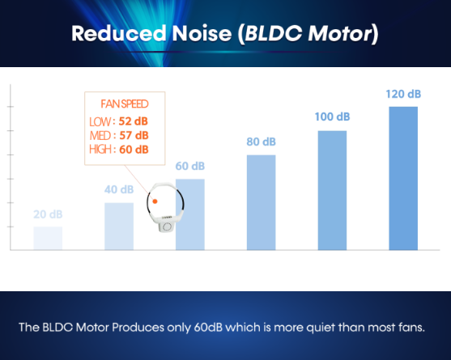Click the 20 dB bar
click(48, 238)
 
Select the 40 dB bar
click(119, 227)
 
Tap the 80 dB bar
click(262, 202)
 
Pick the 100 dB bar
click(332, 190)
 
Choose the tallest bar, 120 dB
click(403, 179)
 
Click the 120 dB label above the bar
click(403, 94)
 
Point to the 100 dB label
click(332, 116)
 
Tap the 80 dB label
click(262, 142)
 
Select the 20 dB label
click(48, 214)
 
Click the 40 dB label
click(119, 189)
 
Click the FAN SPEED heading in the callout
click(125, 104)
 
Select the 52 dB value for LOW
click(133, 121)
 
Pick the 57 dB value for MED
click(134, 135)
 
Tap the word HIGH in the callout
click(100, 150)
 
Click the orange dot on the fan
click(155, 201)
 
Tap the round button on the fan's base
click(167, 227)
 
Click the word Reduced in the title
click(119, 33)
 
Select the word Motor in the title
click(340, 34)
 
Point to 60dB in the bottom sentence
click(208, 328)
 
